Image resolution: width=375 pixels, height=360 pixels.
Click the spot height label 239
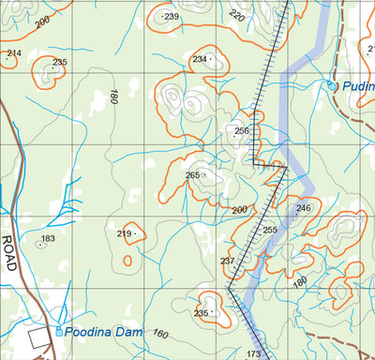click(x=171, y=17)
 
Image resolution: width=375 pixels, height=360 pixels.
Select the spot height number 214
click(x=13, y=53)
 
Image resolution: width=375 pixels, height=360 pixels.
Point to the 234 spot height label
click(x=199, y=59)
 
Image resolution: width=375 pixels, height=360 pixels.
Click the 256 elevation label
click(x=242, y=130)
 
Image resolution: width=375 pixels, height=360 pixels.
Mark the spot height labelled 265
click(x=192, y=175)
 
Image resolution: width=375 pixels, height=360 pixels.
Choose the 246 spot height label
click(x=303, y=208)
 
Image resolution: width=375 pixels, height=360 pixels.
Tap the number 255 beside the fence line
click(x=270, y=230)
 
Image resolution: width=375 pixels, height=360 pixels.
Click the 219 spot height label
click(x=124, y=233)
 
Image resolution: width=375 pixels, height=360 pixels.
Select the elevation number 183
click(x=49, y=239)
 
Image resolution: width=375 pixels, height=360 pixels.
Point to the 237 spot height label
click(x=227, y=261)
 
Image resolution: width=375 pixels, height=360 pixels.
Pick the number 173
click(x=253, y=353)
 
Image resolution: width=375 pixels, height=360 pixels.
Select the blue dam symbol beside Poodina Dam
click(x=60, y=332)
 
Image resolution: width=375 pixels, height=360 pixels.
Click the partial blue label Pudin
click(x=358, y=86)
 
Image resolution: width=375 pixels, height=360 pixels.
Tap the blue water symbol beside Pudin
click(x=331, y=86)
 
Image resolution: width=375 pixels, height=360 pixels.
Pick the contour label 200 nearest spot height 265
click(x=239, y=208)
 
